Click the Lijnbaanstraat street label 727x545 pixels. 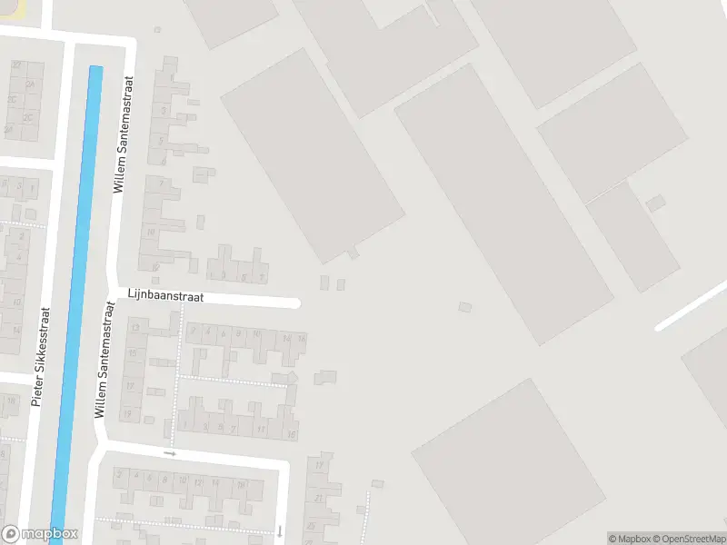tap(165, 296)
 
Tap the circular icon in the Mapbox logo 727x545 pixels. tap(11, 534)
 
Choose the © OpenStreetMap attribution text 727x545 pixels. tap(688, 539)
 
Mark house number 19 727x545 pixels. tap(127, 414)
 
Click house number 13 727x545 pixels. tap(135, 327)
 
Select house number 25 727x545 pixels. tap(311, 526)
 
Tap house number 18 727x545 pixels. tap(241, 484)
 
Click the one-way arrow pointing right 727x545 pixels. tap(169, 451)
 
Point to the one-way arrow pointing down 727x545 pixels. tap(280, 530)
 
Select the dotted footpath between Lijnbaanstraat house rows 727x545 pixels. tap(232, 376)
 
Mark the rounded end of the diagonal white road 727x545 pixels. tap(661, 326)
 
